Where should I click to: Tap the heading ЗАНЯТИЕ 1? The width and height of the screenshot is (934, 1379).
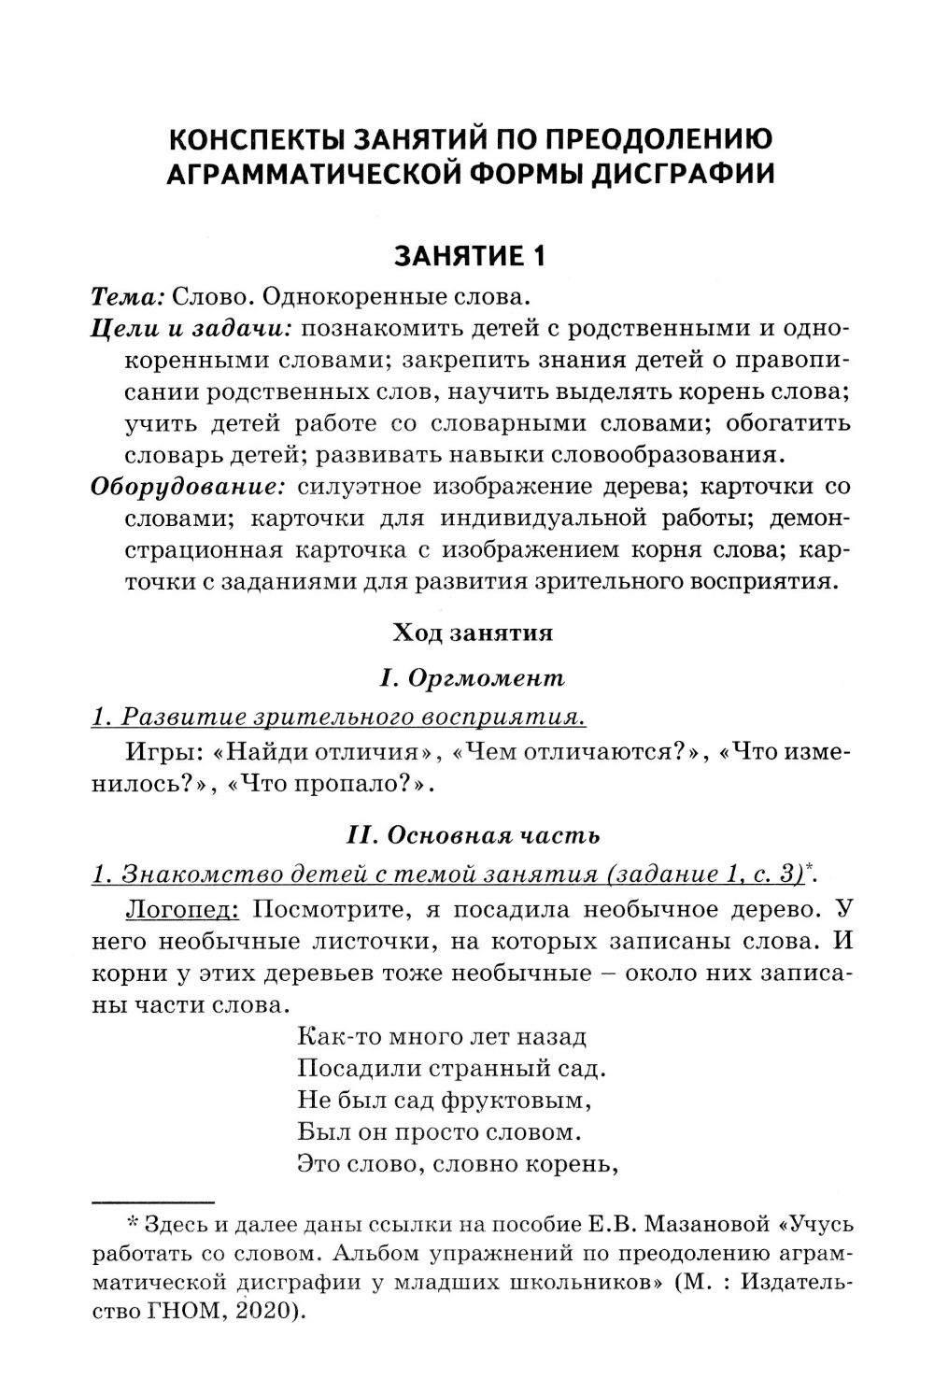(470, 256)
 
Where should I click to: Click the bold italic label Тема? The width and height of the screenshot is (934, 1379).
(128, 298)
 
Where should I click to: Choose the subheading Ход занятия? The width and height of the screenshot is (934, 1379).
(473, 633)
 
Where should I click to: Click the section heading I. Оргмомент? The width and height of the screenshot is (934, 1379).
(473, 677)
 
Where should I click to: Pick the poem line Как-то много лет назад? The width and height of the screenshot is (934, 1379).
(442, 1036)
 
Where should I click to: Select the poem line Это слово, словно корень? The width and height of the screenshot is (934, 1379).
(459, 1164)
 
